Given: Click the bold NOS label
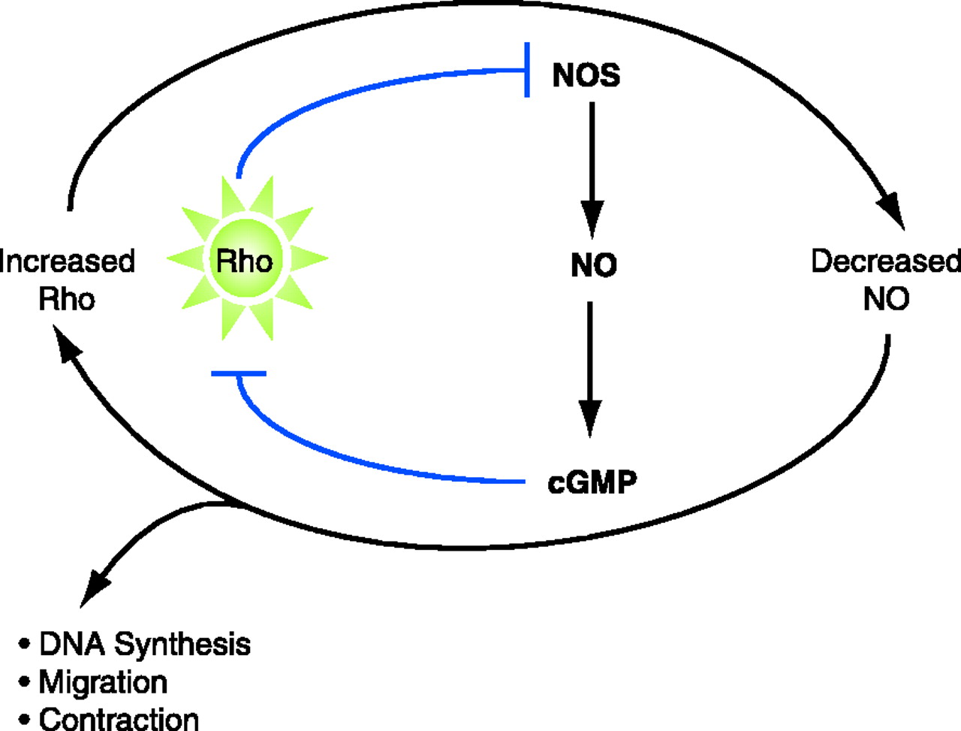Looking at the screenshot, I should [586, 75].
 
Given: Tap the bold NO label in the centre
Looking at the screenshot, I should [593, 265].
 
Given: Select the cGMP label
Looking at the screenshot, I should [592, 482].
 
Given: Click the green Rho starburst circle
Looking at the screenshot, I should [245, 260].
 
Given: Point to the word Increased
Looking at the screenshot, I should [68, 261].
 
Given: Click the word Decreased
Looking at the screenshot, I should [886, 261].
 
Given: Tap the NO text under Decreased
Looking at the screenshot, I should [886, 299].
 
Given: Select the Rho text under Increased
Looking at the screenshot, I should [67, 300].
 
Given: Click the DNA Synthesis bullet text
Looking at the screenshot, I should [145, 645].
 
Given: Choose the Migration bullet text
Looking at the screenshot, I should [103, 682].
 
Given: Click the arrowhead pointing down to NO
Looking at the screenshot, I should [592, 219].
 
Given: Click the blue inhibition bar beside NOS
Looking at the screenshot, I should [528, 70].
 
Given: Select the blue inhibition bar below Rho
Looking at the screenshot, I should [239, 373].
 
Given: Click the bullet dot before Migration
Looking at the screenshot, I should [25, 682].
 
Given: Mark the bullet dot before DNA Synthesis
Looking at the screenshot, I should [25, 645].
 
